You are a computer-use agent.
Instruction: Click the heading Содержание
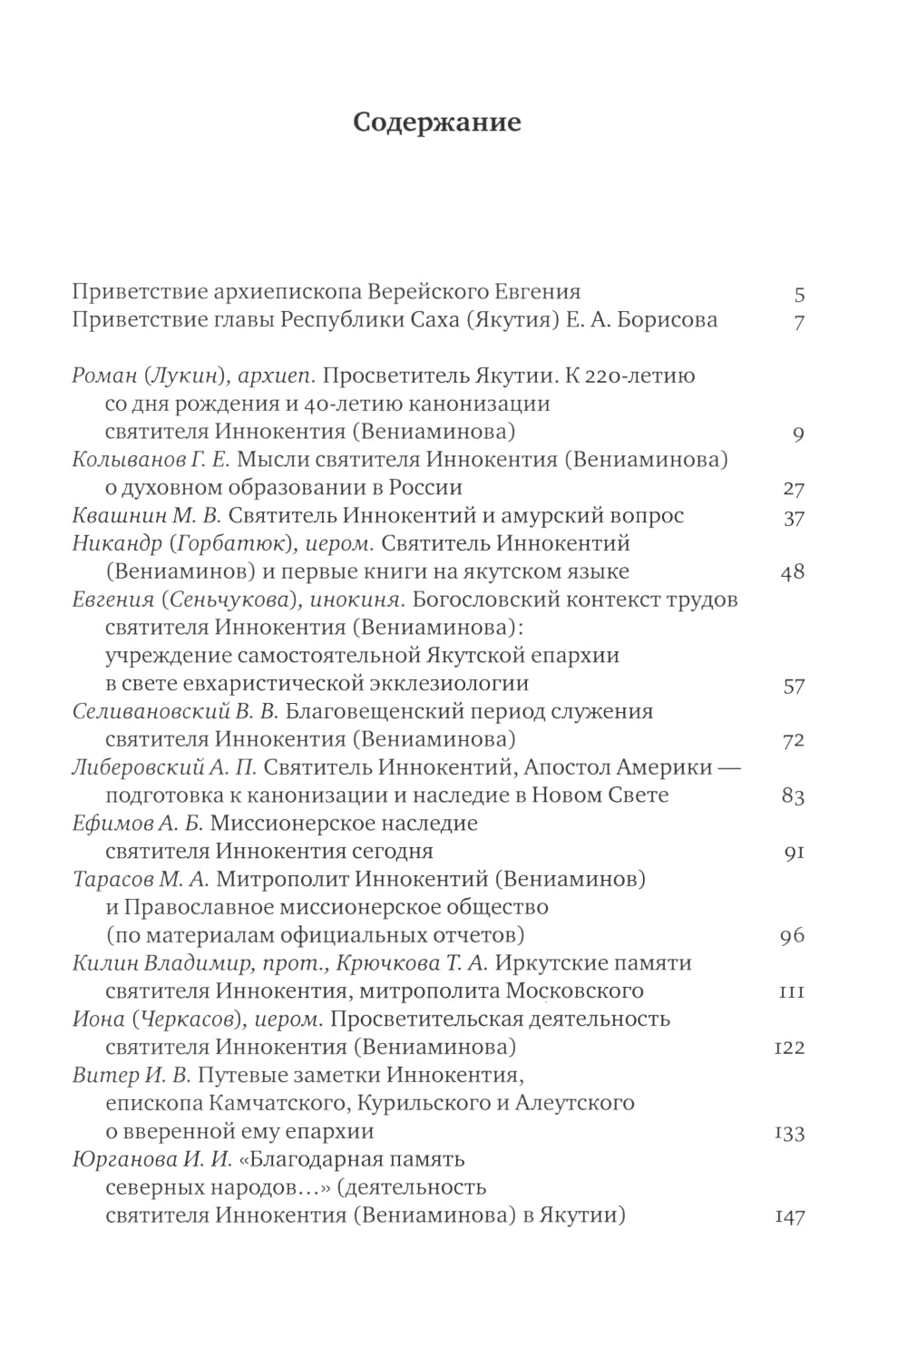(x=436, y=122)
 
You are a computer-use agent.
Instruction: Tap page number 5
(x=799, y=294)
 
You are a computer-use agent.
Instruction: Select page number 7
(x=799, y=322)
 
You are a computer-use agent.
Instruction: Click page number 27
(x=794, y=490)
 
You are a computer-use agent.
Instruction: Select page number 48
(x=793, y=573)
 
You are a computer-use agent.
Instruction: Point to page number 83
(x=793, y=797)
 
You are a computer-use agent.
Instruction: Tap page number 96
(x=793, y=936)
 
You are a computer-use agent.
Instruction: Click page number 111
(x=792, y=992)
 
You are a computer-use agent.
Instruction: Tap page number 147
(x=789, y=1217)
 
